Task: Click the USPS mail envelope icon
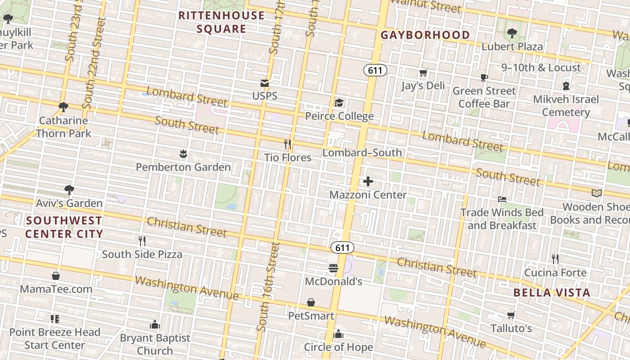click(x=264, y=83)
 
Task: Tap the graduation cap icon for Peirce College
click(x=339, y=103)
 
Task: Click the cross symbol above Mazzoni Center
click(x=368, y=181)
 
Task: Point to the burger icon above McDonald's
click(x=333, y=268)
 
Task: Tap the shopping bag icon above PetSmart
click(x=311, y=302)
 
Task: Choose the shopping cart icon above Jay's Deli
click(x=423, y=73)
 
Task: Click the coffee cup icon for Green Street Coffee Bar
click(x=484, y=77)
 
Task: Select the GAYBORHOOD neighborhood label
click(x=425, y=35)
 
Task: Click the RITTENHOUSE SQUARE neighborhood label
click(x=221, y=22)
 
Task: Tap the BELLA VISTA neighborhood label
click(x=552, y=292)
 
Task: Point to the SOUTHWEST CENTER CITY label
click(x=64, y=227)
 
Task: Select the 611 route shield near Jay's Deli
click(x=375, y=70)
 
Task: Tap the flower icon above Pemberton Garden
click(x=183, y=154)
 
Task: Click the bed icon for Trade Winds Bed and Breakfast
click(x=502, y=199)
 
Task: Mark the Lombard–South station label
click(x=362, y=153)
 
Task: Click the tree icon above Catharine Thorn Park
click(x=63, y=107)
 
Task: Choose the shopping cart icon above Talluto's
click(x=511, y=315)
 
